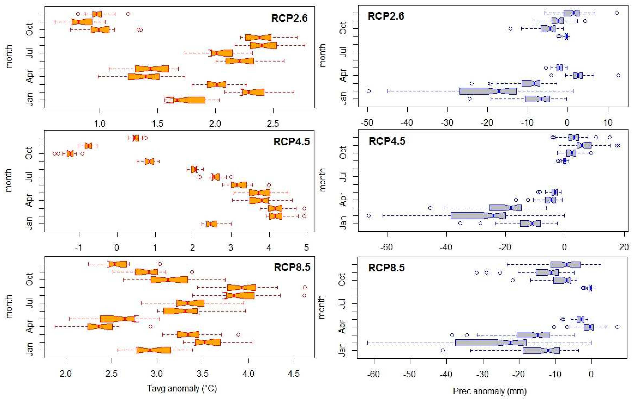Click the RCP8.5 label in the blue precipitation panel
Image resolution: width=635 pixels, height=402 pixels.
point(386,268)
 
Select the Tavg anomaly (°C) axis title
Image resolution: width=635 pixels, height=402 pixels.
point(182,389)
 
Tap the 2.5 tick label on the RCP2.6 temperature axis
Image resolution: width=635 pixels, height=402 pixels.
point(273,123)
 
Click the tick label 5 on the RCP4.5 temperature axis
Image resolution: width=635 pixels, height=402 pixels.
point(306,247)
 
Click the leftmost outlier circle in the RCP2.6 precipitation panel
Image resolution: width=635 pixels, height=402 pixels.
point(369,91)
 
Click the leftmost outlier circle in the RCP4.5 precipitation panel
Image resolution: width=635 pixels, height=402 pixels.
point(369,216)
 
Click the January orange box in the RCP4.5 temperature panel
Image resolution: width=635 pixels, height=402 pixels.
point(212,224)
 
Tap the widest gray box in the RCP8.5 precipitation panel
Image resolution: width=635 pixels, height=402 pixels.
point(491,343)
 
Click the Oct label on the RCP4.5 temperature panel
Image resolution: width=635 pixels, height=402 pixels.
point(29,153)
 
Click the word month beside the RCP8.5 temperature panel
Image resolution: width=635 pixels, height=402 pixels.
point(9,307)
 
